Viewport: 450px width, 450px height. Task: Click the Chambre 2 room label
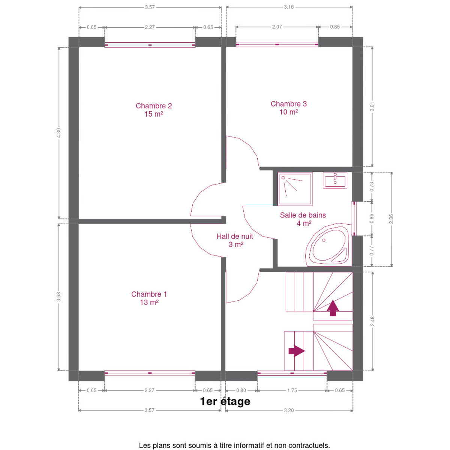coord(153,110)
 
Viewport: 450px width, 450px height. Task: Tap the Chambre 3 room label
coord(288,108)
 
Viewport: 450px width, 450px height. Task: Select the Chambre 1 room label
coord(149,298)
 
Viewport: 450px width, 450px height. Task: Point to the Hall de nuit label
coord(234,240)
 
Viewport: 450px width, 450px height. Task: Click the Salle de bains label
coord(303,219)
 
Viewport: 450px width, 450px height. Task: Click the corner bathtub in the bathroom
coord(328,245)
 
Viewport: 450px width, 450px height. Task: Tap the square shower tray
coord(295,189)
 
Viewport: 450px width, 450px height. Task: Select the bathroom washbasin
coord(335,180)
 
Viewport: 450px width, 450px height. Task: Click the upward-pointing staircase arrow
coord(333,308)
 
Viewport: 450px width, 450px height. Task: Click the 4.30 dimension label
coord(58,133)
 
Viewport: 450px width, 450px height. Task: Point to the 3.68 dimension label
coord(58,297)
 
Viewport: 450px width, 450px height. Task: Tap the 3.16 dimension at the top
coord(289,7)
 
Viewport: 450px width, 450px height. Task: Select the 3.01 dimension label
coord(372,106)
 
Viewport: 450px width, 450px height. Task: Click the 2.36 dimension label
coord(391,219)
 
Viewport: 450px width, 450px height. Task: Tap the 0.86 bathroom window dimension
coord(372,218)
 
